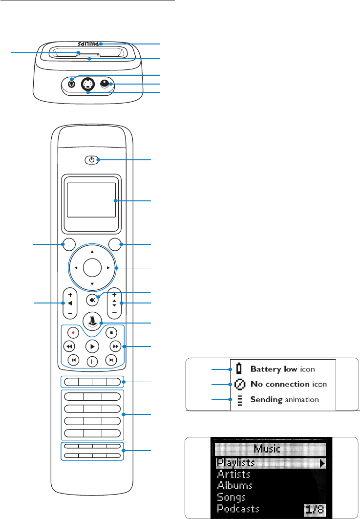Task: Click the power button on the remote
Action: [x=92, y=160]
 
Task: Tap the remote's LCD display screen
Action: [x=92, y=200]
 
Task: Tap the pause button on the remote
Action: [x=92, y=362]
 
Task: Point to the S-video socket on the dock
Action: [x=87, y=85]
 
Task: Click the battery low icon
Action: [x=239, y=368]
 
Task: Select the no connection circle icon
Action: [x=239, y=384]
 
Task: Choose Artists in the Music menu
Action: [x=234, y=474]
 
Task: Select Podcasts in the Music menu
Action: [x=239, y=509]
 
